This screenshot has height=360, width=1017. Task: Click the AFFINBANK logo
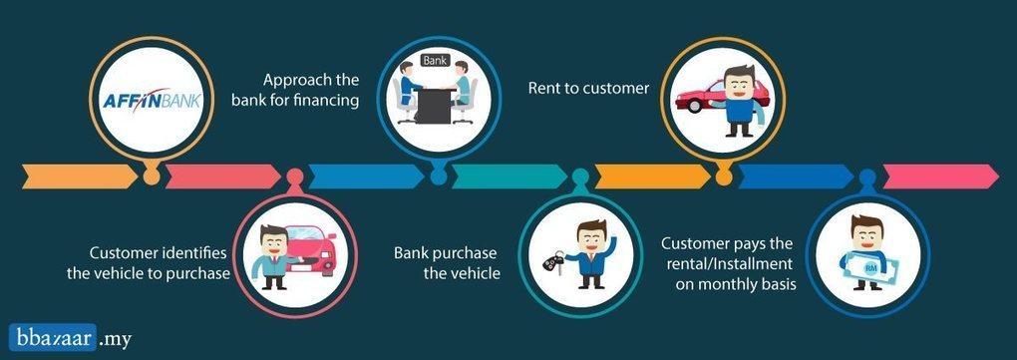point(153,102)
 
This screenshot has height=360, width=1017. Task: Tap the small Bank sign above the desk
point(434,61)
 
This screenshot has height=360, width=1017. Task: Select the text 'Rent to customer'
point(588,88)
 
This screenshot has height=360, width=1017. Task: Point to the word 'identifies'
point(194,252)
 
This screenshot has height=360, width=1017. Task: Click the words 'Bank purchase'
point(445,253)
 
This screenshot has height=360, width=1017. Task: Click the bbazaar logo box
point(53,337)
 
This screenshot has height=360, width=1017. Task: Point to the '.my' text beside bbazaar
point(116,339)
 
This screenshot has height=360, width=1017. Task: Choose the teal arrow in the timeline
point(509,177)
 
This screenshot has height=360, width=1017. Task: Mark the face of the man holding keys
point(591,236)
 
